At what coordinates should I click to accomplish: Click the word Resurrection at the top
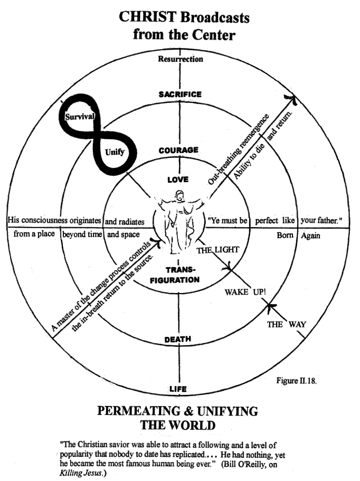[181, 59]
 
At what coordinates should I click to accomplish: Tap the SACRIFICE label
[180, 94]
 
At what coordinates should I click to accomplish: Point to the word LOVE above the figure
[178, 180]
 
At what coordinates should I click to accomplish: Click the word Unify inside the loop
[115, 152]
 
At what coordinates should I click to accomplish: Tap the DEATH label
[178, 339]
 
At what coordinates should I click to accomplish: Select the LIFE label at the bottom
[178, 389]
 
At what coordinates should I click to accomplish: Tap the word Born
[286, 235]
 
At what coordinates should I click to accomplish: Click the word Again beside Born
[310, 235]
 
